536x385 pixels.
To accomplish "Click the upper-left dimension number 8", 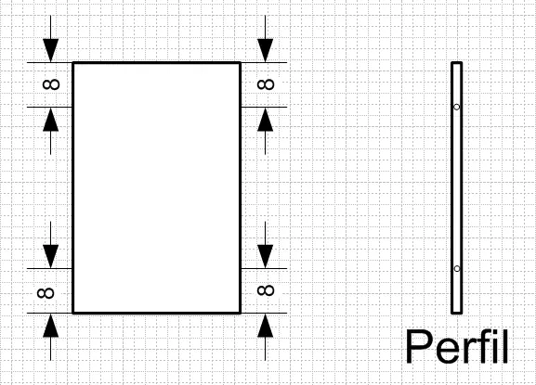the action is point(51,84).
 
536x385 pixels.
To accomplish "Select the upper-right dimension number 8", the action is point(266,84).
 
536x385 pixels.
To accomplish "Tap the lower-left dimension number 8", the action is point(46,293).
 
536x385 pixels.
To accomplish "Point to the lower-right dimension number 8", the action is point(266,290).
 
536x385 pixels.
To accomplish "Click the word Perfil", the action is point(457,346).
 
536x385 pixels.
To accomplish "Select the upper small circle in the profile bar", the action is point(457,108).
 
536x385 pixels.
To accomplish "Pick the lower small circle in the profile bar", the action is point(457,269).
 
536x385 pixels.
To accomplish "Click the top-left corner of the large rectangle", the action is point(73,63).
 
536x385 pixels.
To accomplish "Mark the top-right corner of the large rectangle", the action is point(241,63).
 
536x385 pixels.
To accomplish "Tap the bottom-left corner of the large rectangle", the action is point(73,313).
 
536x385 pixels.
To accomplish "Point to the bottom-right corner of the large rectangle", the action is point(241,313).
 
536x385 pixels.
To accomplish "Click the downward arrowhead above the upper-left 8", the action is point(50,50).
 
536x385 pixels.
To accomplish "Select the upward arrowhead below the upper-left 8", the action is point(50,120).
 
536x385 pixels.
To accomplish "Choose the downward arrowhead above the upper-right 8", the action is point(266,50).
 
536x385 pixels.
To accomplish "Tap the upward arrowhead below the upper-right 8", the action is point(266,120).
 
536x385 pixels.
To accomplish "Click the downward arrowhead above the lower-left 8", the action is point(50,257).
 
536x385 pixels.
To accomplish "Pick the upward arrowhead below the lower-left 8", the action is point(50,326).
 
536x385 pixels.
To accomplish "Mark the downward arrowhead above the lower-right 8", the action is point(266,257).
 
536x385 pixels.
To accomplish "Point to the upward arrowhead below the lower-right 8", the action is point(266,326).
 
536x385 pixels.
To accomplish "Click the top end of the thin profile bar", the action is point(457,63).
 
